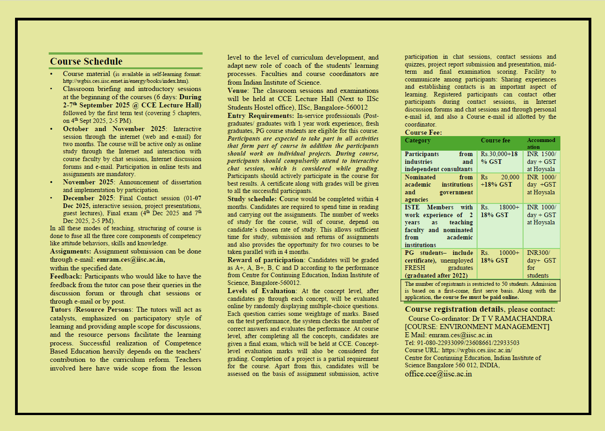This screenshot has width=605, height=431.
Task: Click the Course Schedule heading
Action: pos(86,61)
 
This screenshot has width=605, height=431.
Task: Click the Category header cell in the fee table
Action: pos(417,141)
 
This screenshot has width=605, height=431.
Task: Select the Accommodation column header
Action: pos(541,143)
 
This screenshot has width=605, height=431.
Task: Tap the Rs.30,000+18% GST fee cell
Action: pos(499,158)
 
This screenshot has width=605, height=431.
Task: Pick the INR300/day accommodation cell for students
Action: pos(541,264)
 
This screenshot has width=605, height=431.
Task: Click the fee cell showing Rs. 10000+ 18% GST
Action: pos(499,257)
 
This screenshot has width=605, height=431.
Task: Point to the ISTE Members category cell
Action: pos(439,226)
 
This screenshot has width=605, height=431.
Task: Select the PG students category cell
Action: pos(439,264)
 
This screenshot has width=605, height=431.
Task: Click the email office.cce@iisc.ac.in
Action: pos(438,374)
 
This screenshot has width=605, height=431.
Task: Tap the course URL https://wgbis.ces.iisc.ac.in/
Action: pos(477,350)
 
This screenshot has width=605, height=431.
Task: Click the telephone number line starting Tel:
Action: pos(462,343)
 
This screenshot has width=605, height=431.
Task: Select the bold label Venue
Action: pos(238,91)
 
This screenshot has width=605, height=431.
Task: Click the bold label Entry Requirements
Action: pos(261,116)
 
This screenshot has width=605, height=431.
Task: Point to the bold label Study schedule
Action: pos(252,199)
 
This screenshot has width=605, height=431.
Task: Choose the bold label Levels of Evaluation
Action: pos(262,291)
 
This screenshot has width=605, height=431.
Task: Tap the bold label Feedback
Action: pos(66,276)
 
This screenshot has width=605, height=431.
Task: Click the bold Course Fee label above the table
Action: pos(423,132)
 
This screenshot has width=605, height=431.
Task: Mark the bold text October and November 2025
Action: pos(114,129)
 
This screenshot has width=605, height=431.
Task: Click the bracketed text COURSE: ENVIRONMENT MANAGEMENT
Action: pos(477,327)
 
